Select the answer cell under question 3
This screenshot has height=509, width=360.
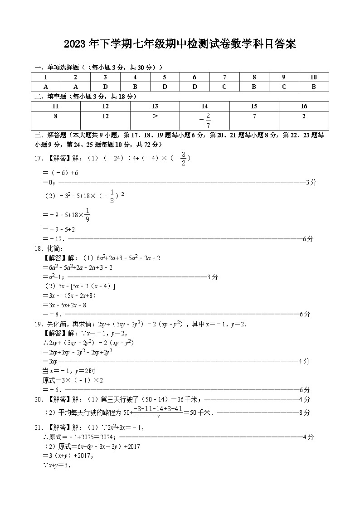[x=105, y=87]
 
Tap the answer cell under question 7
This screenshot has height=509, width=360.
[x=224, y=87]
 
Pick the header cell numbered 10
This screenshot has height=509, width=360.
[x=313, y=77]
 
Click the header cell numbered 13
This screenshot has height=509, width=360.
[x=155, y=106]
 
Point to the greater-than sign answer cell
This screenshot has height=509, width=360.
[x=155, y=116]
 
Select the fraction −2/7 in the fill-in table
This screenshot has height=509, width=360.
[x=205, y=120]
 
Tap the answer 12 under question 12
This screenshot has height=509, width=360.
[x=105, y=116]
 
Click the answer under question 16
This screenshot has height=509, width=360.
[x=303, y=116]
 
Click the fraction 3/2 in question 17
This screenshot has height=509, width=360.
[x=183, y=158]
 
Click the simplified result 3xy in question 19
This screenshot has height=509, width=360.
[x=49, y=361]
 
